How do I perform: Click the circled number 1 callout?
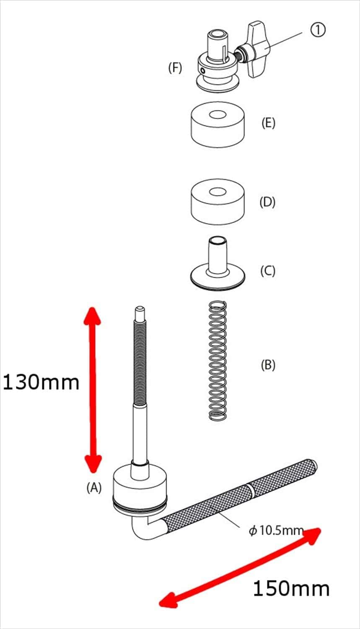click(x=318, y=30)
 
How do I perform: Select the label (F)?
click(x=175, y=68)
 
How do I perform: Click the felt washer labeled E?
click(x=218, y=125)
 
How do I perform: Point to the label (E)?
click(x=268, y=123)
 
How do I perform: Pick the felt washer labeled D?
click(x=218, y=202)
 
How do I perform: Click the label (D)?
click(x=267, y=202)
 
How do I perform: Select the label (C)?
click(x=268, y=271)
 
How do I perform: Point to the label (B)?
click(x=268, y=365)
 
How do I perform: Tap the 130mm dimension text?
click(x=41, y=382)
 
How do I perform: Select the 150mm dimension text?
click(x=291, y=589)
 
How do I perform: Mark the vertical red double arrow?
click(x=93, y=390)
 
